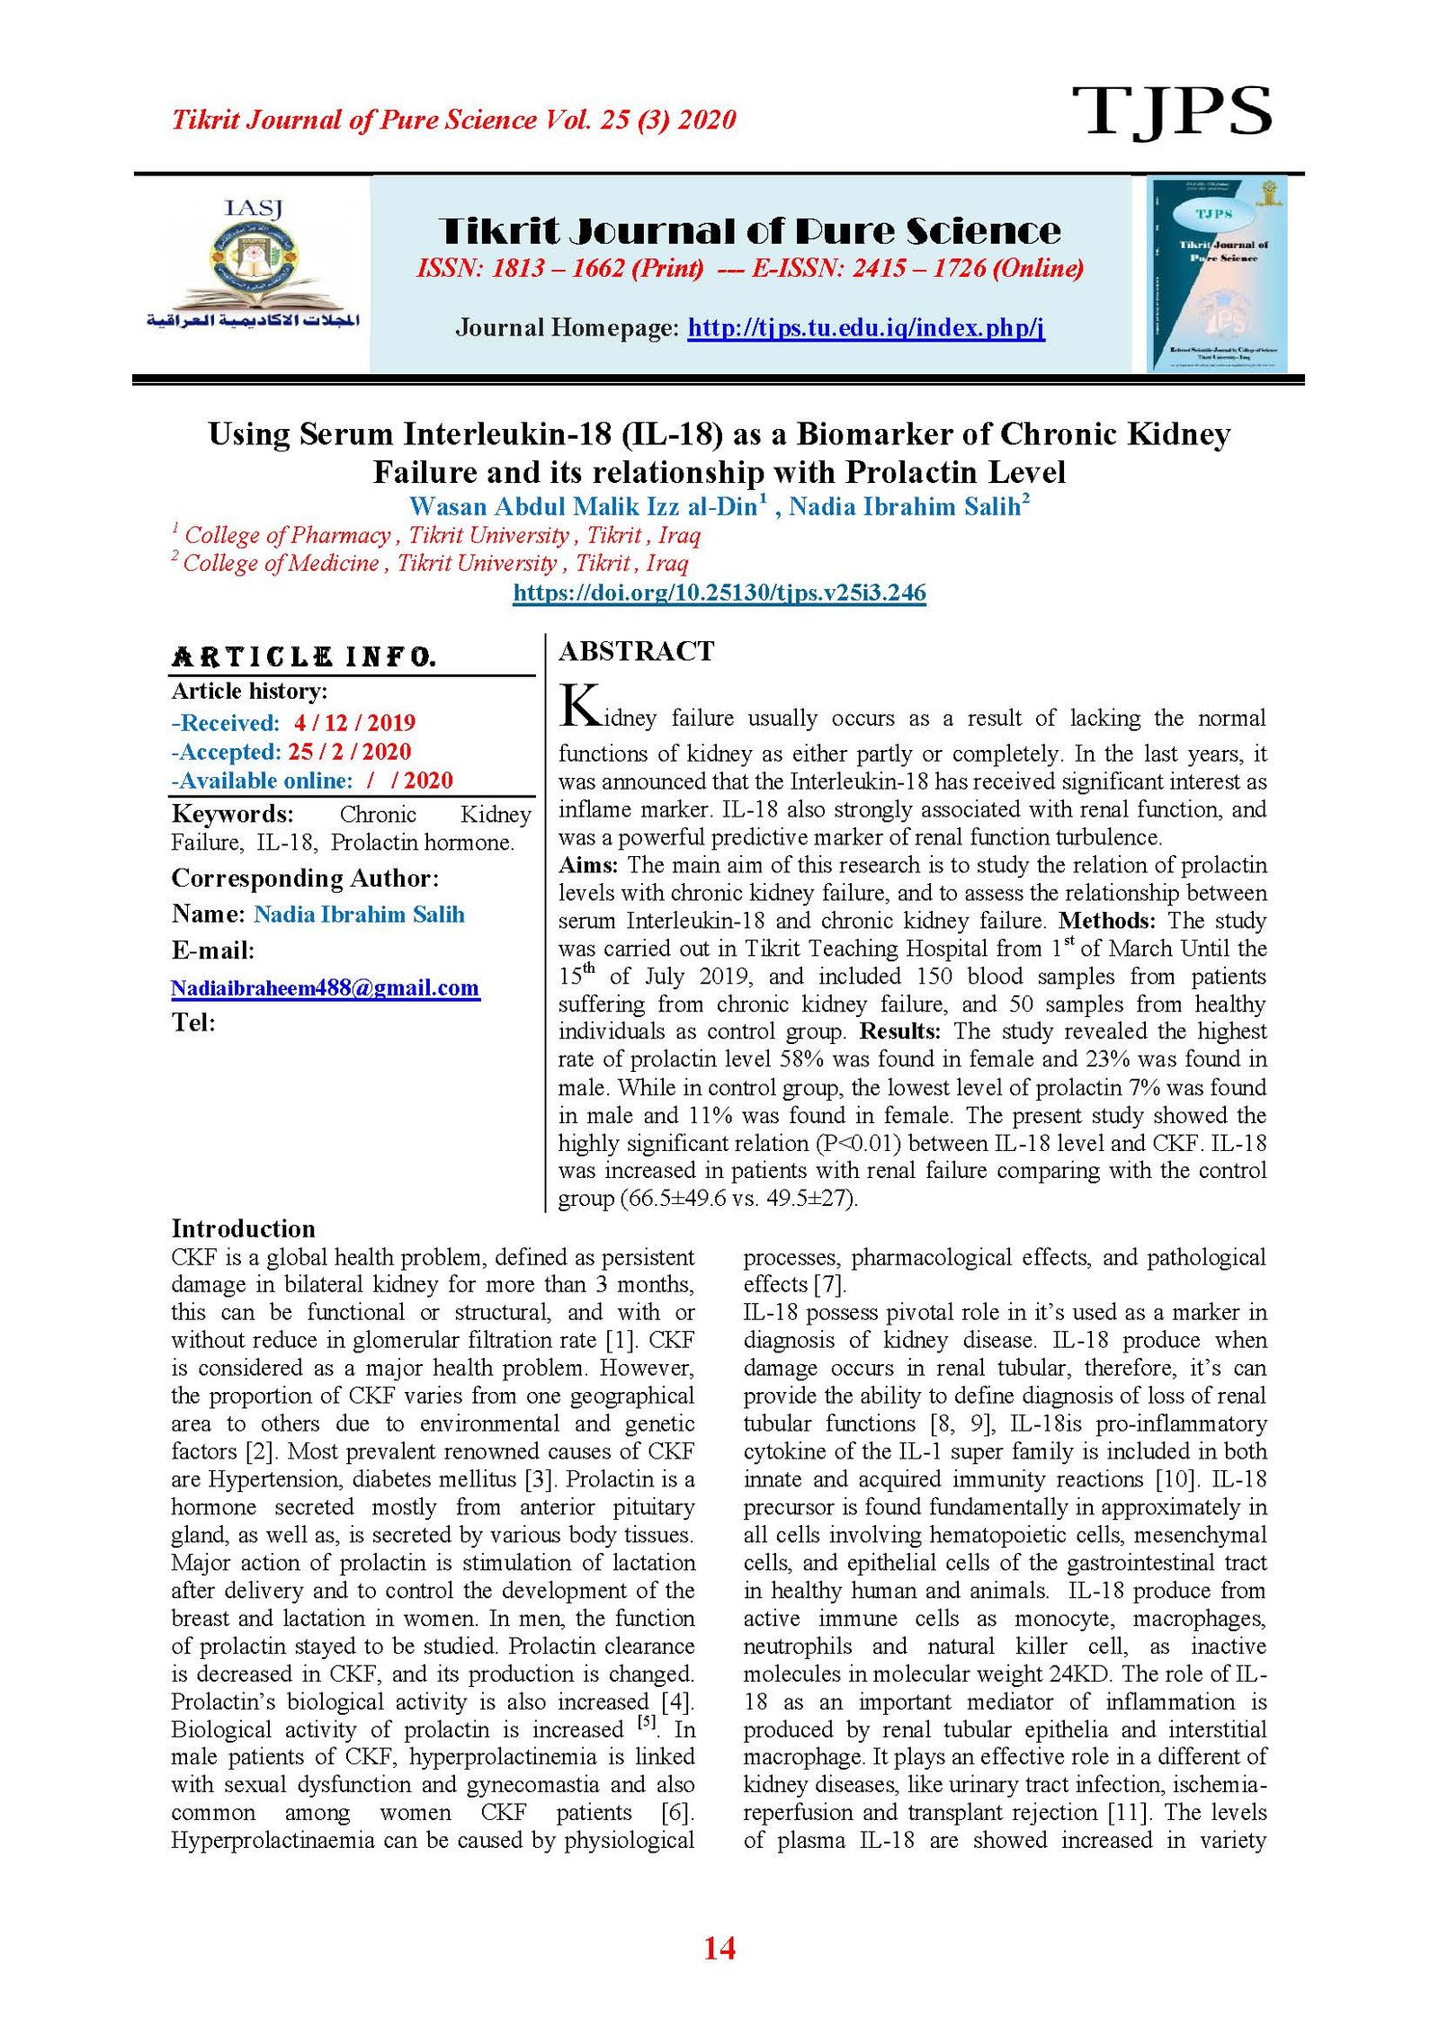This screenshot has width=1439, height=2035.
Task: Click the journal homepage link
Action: [x=865, y=327]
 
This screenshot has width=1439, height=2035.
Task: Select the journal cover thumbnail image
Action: [x=1216, y=274]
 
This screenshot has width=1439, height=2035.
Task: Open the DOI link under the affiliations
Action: [x=719, y=593]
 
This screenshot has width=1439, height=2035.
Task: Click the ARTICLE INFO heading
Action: [x=303, y=656]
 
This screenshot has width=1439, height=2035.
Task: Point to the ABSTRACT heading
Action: [x=636, y=651]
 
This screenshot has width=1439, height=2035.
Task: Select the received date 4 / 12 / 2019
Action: [x=354, y=723]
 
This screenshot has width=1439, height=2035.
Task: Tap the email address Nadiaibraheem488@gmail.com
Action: [x=325, y=988]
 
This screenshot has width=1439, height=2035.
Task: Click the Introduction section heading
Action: [x=243, y=1229]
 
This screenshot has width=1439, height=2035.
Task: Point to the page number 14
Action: [x=719, y=1949]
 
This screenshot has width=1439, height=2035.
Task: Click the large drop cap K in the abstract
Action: [x=579, y=706]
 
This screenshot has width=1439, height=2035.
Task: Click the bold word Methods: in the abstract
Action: [x=1106, y=921]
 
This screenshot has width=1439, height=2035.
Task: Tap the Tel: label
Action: [x=193, y=1022]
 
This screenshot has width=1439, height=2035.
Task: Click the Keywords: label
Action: [x=232, y=815]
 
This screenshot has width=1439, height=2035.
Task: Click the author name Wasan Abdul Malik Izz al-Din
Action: [x=583, y=507]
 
